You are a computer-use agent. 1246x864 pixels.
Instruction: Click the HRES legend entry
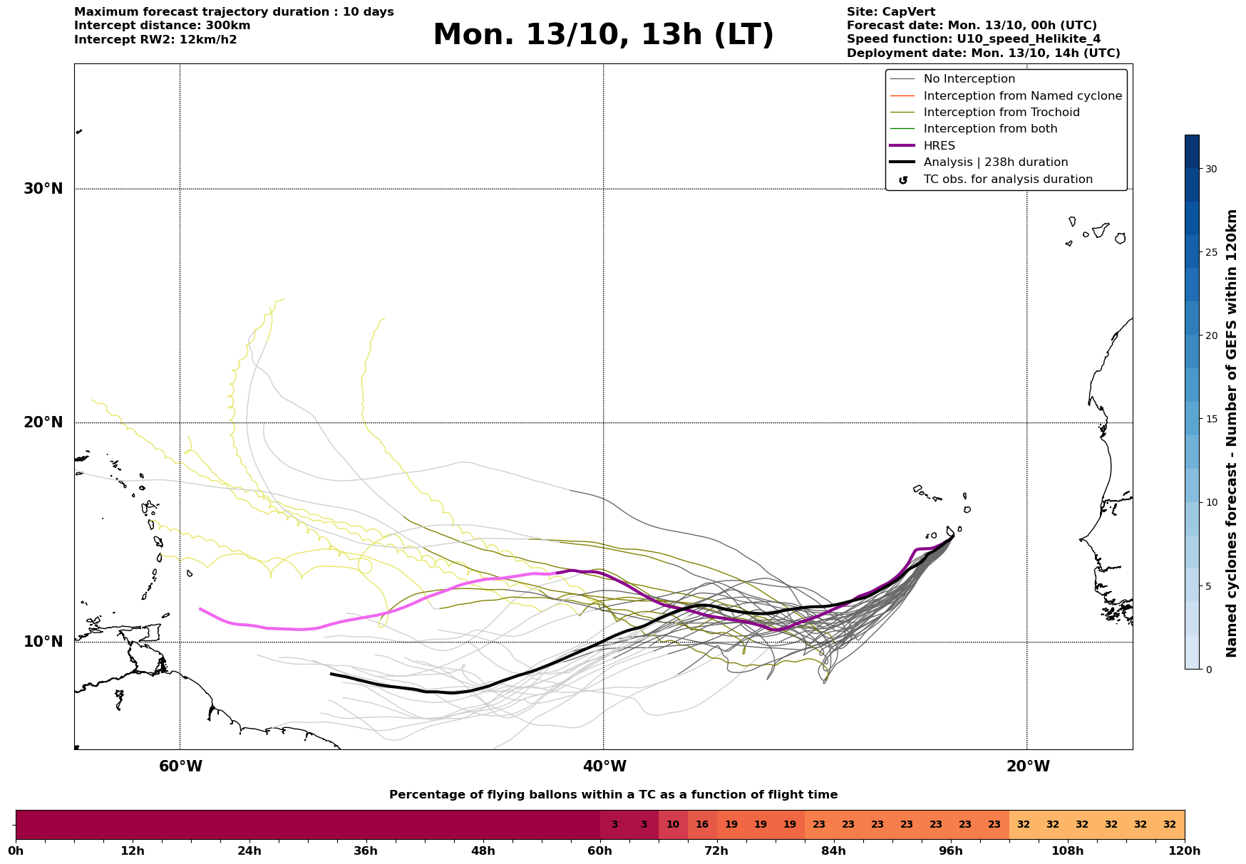[939, 146]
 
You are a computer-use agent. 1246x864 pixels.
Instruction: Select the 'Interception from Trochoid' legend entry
[1001, 113]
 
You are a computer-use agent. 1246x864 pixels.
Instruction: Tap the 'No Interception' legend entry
[969, 79]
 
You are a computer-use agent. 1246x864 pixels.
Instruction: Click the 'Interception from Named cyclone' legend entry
[1022, 96]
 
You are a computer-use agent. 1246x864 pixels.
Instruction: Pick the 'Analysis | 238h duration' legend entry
[995, 162]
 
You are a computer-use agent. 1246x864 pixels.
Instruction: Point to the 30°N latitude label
[43, 189]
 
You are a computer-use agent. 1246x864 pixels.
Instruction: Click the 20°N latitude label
[43, 422]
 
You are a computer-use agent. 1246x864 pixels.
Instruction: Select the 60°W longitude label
[180, 766]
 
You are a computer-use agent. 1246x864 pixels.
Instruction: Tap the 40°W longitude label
[604, 766]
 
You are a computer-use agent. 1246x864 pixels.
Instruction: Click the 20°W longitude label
[1028, 766]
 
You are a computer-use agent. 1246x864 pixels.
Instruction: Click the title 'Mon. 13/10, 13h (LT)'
[603, 35]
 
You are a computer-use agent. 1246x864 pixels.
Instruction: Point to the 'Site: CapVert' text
[890, 12]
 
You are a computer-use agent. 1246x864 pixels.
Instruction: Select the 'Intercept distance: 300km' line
[162, 26]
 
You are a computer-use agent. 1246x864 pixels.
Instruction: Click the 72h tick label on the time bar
[717, 850]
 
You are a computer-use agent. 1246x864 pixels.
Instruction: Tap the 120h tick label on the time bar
[1185, 850]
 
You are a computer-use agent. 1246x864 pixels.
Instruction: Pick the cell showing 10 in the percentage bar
[673, 825]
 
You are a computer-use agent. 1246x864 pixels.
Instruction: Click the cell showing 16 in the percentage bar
[702, 825]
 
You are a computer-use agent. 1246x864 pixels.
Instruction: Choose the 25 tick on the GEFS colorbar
[1211, 252]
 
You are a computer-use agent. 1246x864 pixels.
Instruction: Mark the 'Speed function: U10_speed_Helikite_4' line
[973, 39]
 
